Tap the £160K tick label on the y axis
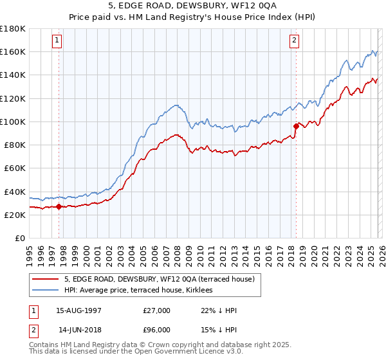coord(12,51)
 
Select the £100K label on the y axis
coord(12,122)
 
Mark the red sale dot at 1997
coord(59,207)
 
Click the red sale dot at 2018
coord(296,126)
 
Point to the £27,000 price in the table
coord(157,310)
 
